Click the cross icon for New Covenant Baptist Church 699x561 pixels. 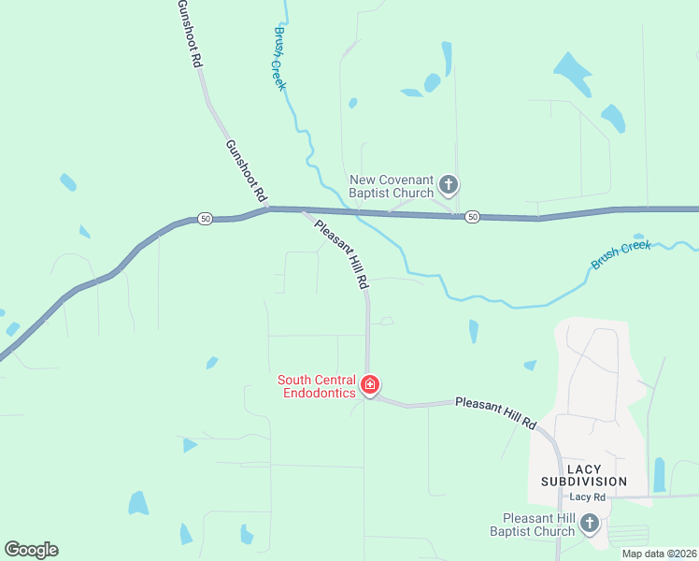pyautogui.click(x=449, y=184)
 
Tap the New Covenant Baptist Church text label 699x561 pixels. pyautogui.click(x=392, y=186)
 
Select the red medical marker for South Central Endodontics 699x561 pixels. pyautogui.click(x=370, y=385)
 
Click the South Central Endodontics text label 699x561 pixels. pyautogui.click(x=317, y=386)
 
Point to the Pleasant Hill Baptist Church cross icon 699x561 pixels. pyautogui.click(x=590, y=524)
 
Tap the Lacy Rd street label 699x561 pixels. pyautogui.click(x=587, y=496)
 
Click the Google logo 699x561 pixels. pyautogui.click(x=31, y=550)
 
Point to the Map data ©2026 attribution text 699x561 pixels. pyautogui.click(x=659, y=554)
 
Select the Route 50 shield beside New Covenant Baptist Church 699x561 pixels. pyautogui.click(x=472, y=217)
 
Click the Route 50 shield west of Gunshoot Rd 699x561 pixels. pyautogui.click(x=205, y=219)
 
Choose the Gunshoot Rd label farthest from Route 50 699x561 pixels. pyautogui.click(x=191, y=34)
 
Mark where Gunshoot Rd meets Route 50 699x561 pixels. pyautogui.click(x=270, y=209)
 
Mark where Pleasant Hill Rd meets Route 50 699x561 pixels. pyautogui.click(x=302, y=211)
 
